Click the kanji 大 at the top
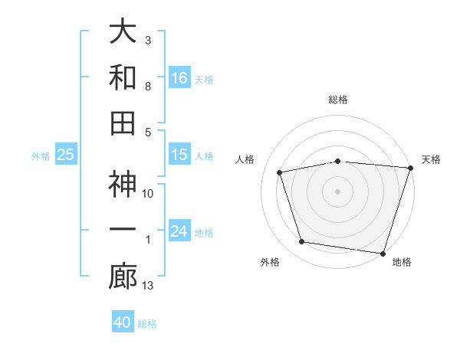pyautogui.click(x=123, y=32)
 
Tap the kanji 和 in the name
pyautogui.click(x=123, y=77)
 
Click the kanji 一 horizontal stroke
pyautogui.click(x=123, y=231)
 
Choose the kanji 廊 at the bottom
pyautogui.click(x=123, y=277)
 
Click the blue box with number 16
pyautogui.click(x=179, y=77)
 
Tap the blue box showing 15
pyautogui.click(x=179, y=155)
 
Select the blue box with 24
pyautogui.click(x=179, y=231)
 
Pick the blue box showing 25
pyautogui.click(x=66, y=155)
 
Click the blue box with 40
pyautogui.click(x=123, y=322)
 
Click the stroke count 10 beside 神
pyautogui.click(x=149, y=194)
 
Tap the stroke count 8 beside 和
pyautogui.click(x=148, y=86)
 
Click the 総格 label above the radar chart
pyautogui.click(x=338, y=100)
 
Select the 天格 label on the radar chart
pyautogui.click(x=431, y=159)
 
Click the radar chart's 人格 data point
pyautogui.click(x=280, y=172)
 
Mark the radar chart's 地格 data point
pyautogui.click(x=383, y=253)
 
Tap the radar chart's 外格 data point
pyautogui.click(x=302, y=242)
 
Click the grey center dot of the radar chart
pyautogui.click(x=338, y=191)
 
